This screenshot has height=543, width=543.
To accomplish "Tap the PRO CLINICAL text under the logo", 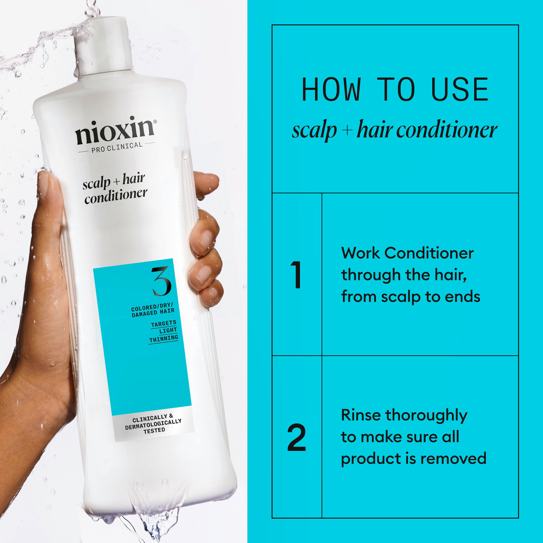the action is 117,147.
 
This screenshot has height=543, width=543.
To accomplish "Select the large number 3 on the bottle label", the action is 161,281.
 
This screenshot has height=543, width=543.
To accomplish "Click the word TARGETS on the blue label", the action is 164,324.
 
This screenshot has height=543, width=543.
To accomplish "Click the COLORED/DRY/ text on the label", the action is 152,307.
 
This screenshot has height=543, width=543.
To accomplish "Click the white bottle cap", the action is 103,45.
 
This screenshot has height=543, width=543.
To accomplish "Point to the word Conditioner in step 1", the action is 429,253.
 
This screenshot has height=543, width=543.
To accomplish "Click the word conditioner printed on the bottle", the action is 116,196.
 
